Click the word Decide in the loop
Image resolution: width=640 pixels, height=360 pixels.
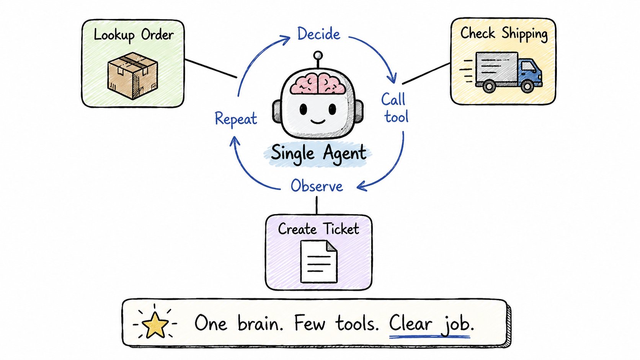point(318,34)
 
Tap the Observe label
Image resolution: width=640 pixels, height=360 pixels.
point(317,186)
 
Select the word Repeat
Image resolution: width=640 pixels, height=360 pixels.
point(236,119)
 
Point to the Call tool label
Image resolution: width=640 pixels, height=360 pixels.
point(395,108)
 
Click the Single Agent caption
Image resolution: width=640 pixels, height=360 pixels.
point(318,154)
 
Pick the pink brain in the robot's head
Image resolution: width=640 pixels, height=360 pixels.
point(318,83)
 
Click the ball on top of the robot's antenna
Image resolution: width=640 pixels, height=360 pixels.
point(318,55)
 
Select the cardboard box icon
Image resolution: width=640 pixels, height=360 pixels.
point(132,76)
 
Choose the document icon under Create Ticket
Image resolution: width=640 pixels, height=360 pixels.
point(319,262)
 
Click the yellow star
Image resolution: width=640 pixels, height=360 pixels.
point(155,325)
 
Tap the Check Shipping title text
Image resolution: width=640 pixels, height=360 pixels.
point(504,34)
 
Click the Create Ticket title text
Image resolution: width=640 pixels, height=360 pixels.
point(318,229)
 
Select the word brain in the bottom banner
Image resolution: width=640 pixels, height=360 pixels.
point(260,324)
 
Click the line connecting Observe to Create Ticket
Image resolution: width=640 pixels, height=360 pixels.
point(317,205)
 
